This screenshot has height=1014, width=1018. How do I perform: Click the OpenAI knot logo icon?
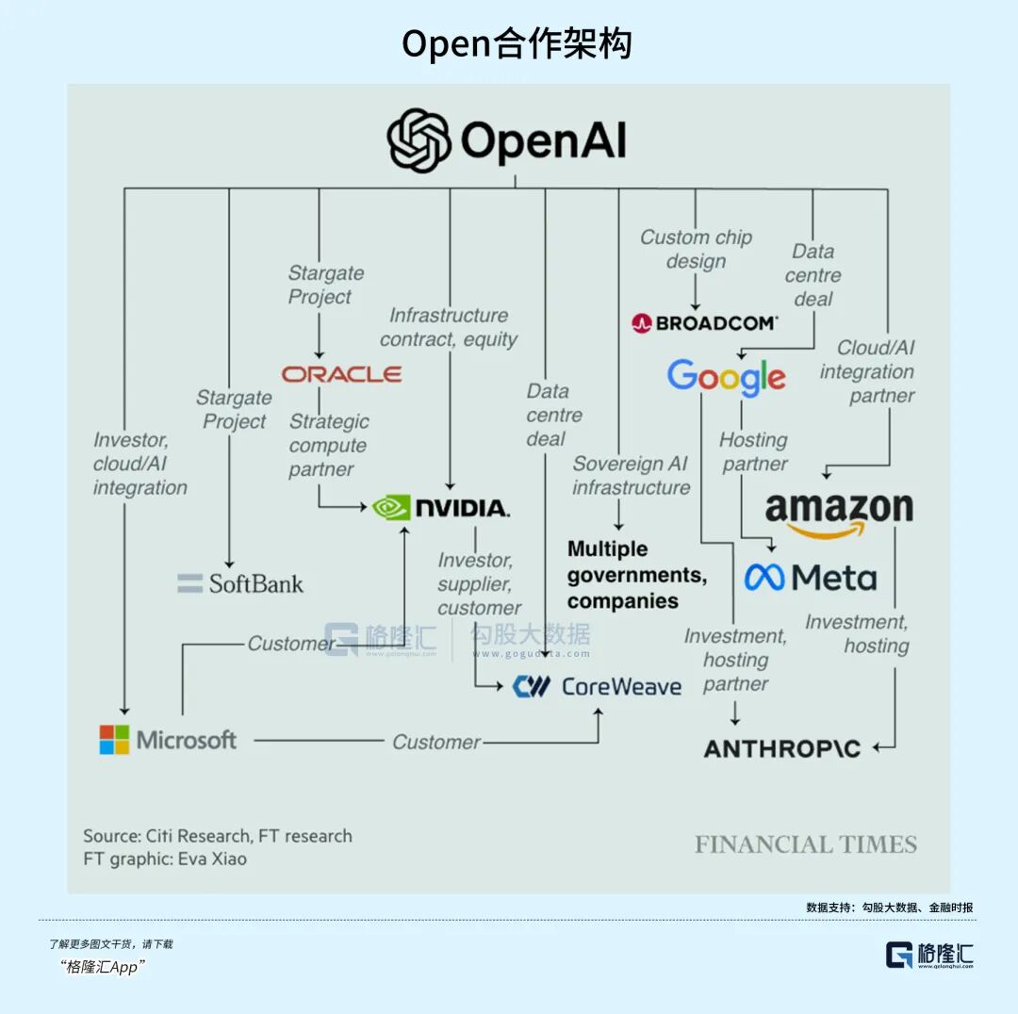tap(419, 141)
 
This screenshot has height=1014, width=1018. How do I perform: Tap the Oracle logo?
tap(341, 374)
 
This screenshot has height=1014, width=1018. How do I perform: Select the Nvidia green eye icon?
tap(391, 508)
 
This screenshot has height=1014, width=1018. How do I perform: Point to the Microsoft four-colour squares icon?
tap(114, 740)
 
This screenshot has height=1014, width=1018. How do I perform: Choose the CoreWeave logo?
tap(597, 686)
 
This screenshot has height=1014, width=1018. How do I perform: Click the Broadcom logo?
tap(705, 323)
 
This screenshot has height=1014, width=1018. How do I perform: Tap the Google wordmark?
tap(726, 377)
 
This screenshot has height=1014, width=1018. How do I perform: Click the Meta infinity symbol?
tap(763, 577)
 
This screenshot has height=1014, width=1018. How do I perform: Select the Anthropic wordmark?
tap(782, 749)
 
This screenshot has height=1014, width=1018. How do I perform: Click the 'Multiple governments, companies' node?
tap(636, 575)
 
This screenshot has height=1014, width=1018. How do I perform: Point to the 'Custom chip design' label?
tap(696, 249)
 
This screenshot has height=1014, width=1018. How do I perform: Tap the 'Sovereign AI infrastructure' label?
tap(631, 475)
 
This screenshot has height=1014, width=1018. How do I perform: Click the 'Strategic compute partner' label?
tap(328, 445)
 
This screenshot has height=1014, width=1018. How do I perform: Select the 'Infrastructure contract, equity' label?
tap(449, 327)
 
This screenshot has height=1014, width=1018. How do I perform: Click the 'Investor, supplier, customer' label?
tap(478, 584)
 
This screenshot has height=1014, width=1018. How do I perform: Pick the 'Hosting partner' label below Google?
tap(753, 451)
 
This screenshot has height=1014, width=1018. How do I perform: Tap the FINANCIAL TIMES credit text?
tap(806, 844)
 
